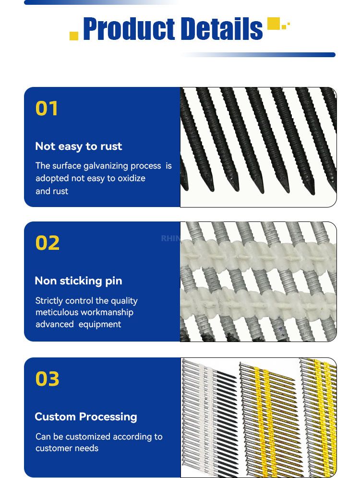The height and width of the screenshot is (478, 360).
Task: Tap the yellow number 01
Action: (46, 109)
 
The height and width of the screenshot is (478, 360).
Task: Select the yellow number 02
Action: (47, 243)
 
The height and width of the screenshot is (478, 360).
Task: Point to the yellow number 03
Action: (47, 379)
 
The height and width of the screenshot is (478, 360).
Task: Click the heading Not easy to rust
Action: (79, 147)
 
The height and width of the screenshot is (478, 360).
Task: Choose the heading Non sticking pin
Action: (79, 281)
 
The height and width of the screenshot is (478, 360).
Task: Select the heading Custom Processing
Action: (86, 417)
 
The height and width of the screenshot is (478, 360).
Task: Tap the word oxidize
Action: (131, 178)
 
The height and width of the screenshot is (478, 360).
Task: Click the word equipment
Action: (99, 324)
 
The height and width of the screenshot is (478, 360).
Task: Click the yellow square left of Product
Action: (74, 36)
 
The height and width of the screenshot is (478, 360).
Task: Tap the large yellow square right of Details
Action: (273, 24)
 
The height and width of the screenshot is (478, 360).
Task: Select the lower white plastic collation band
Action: (258, 306)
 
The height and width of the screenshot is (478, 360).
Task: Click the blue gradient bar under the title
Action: (258, 55)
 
